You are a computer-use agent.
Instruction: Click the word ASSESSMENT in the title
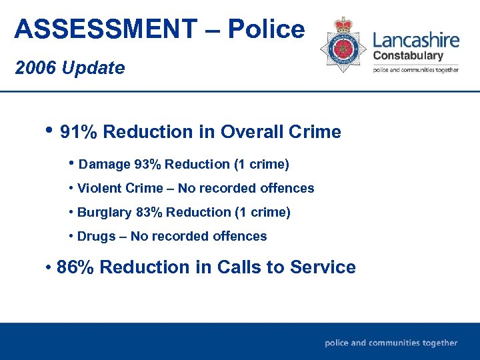click(x=105, y=29)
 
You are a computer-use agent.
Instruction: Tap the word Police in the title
click(x=266, y=29)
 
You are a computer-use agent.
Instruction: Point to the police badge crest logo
click(x=343, y=45)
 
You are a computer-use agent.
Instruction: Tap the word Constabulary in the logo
click(x=408, y=55)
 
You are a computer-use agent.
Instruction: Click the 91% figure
click(x=79, y=132)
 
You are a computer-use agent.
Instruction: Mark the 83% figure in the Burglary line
click(x=149, y=213)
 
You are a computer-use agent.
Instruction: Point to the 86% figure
click(x=76, y=267)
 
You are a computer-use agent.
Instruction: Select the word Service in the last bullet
click(x=324, y=267)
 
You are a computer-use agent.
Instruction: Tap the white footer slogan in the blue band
click(x=391, y=343)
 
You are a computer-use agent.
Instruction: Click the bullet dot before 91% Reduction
click(x=50, y=129)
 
